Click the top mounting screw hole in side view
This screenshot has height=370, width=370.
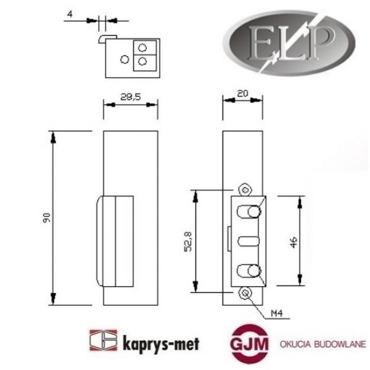click(246, 189)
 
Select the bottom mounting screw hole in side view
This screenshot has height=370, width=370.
click(246, 293)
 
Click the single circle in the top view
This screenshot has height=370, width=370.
click(125, 59)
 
